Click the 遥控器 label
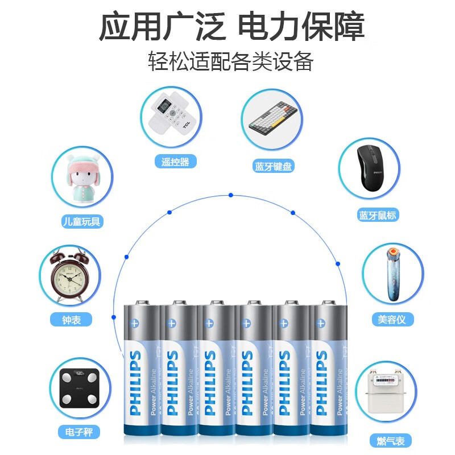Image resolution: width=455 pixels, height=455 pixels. (175, 162)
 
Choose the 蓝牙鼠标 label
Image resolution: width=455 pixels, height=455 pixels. (378, 215)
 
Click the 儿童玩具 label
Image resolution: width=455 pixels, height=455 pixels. (81, 221)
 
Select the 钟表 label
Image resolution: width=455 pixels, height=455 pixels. (72, 320)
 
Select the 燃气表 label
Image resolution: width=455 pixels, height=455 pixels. (390, 440)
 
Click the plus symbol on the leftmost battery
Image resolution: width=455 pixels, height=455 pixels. (135, 322)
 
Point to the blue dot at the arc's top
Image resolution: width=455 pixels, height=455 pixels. (231, 195)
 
